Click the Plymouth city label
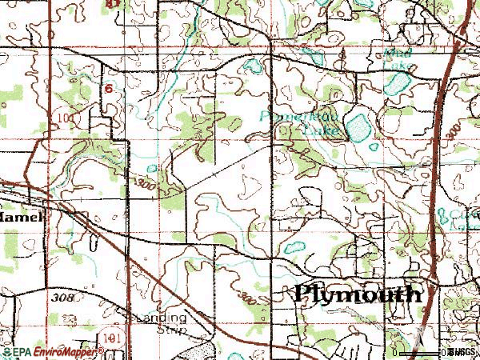pos(358,294)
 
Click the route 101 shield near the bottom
pos(112,340)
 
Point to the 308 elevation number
pos(65,298)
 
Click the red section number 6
pos(107,90)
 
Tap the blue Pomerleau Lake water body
pos(356,126)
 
